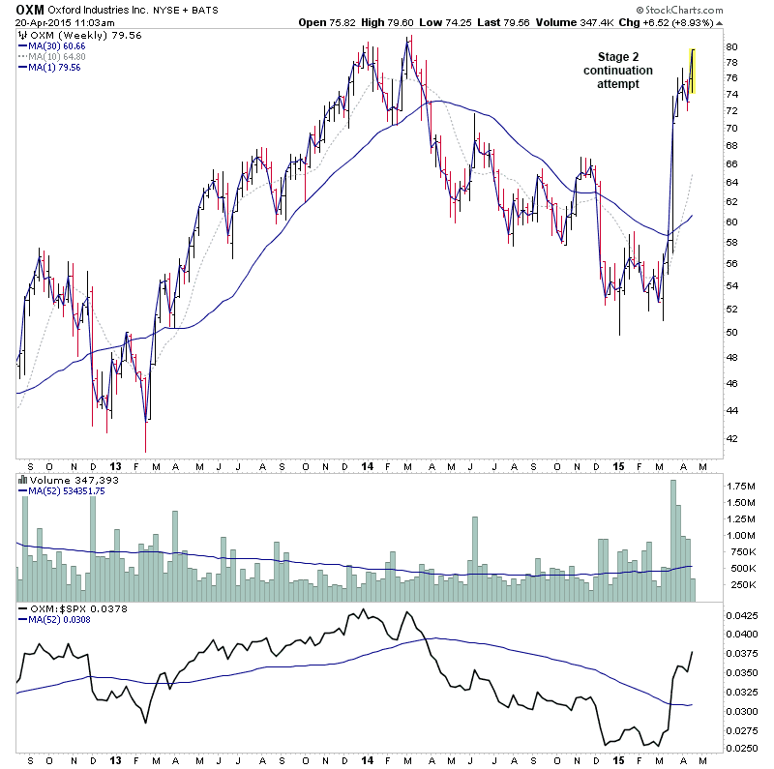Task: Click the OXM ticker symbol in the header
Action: [x=30, y=9]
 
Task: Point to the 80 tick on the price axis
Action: [x=732, y=46]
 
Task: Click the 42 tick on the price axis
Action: [x=732, y=438]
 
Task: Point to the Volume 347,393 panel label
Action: [x=72, y=479]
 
